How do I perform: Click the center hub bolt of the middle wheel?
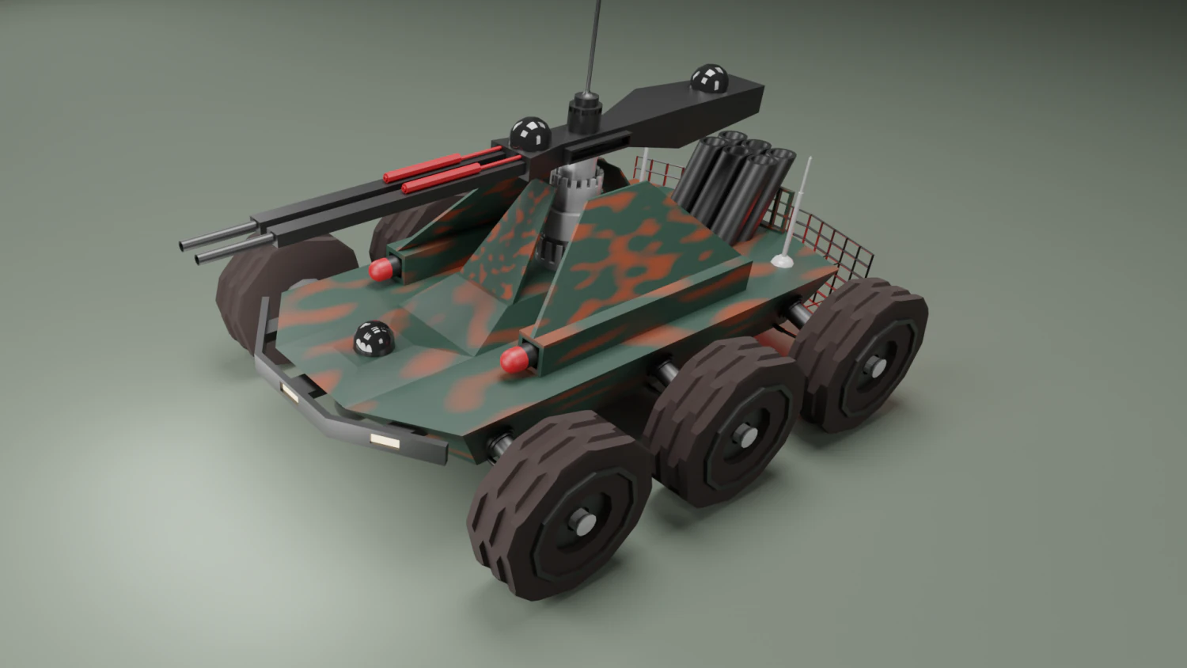pyautogui.click(x=745, y=435)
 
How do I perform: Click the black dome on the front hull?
pyautogui.click(x=372, y=340)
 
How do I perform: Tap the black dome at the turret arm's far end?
pyautogui.click(x=709, y=78)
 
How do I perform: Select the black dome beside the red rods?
pyautogui.click(x=529, y=133)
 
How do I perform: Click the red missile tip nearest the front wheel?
pyautogui.click(x=515, y=360)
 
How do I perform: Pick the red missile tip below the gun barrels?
pyautogui.click(x=382, y=270)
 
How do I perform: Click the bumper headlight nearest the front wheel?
pyautogui.click(x=386, y=440)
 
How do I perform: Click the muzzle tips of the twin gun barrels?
pyautogui.click(x=194, y=250)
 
